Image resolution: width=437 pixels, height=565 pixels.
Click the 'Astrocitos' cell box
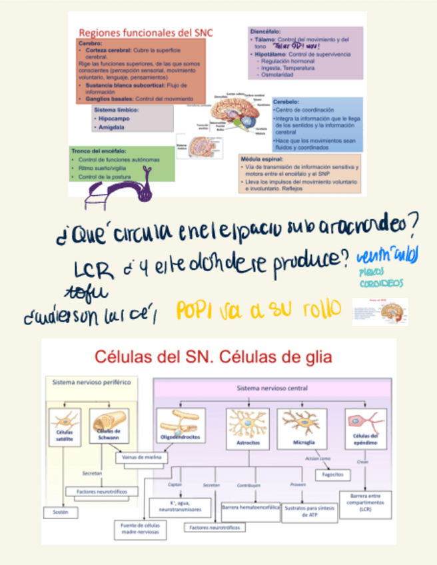click(248, 426)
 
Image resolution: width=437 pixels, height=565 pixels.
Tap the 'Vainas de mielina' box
click(142, 458)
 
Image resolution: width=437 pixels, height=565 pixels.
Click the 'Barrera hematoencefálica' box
click(250, 508)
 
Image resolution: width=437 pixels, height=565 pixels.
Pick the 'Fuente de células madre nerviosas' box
click(139, 528)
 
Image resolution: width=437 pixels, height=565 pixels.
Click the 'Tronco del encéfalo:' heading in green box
click(99, 151)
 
